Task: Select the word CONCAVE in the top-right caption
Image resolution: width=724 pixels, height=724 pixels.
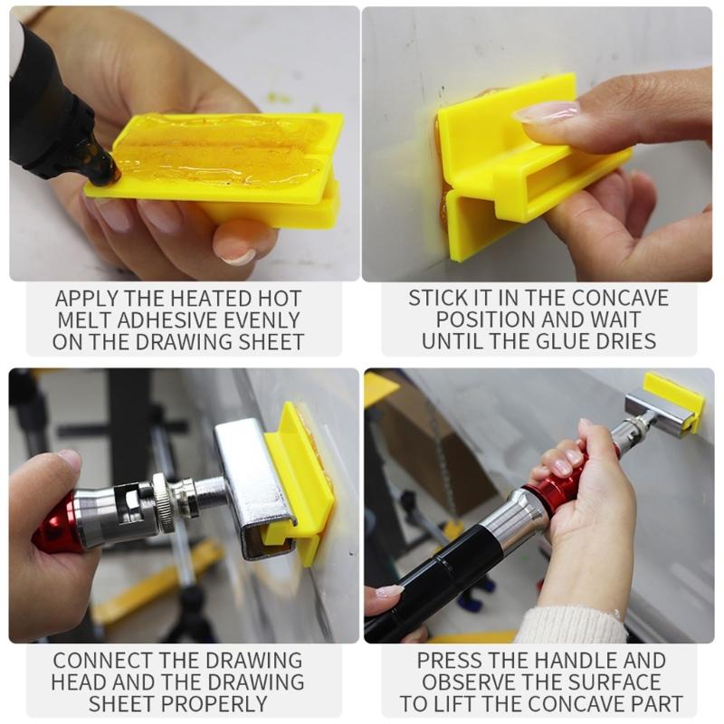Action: pos(620,298)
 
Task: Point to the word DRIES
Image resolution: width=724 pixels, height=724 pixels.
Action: pos(627,341)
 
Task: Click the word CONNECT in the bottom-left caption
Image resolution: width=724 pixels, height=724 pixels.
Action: pos(101,661)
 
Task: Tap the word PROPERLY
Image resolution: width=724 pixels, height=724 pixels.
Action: pos(214,704)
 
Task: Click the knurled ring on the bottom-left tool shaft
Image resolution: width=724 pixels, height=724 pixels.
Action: pos(164,502)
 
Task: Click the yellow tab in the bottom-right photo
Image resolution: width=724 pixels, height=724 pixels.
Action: pos(673,397)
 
